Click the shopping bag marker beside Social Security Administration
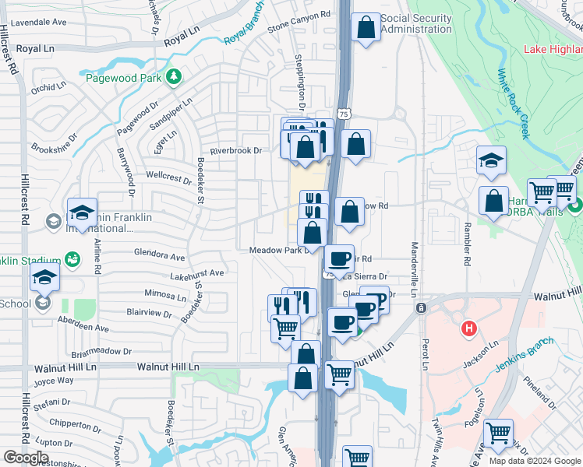pyautogui.click(x=366, y=28)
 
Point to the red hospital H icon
pyautogui.click(x=468, y=328)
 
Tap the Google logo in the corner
pyautogui.click(x=26, y=458)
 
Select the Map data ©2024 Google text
pyautogui.click(x=535, y=461)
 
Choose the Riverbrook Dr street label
pyautogui.click(x=235, y=151)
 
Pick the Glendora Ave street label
pyautogui.click(x=159, y=256)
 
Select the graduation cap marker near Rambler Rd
pyautogui.click(x=491, y=160)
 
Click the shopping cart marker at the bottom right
pyautogui.click(x=498, y=433)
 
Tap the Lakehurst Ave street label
pyautogui.click(x=197, y=274)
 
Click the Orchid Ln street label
pyautogui.click(x=44, y=88)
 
